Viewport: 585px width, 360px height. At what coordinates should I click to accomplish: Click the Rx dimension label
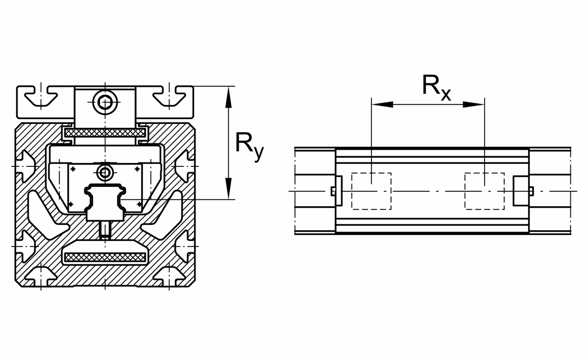[437, 88]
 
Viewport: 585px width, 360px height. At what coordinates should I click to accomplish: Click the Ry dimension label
[250, 147]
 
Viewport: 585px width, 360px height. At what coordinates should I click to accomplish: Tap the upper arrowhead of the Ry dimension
[229, 97]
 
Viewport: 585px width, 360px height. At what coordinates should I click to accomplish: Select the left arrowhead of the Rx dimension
[382, 104]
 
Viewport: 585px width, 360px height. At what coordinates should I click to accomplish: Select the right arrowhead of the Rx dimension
[474, 104]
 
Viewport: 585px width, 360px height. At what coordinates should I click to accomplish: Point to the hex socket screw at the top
[105, 102]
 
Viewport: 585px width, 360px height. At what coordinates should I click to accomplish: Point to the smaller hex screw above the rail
[105, 173]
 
